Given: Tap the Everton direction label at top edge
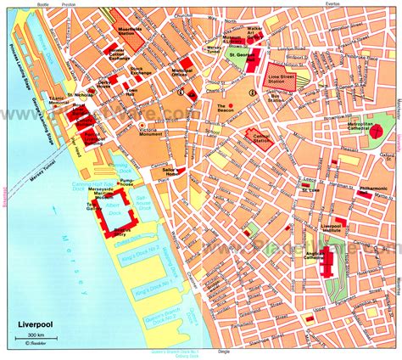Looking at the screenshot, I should click(x=361, y=4).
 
